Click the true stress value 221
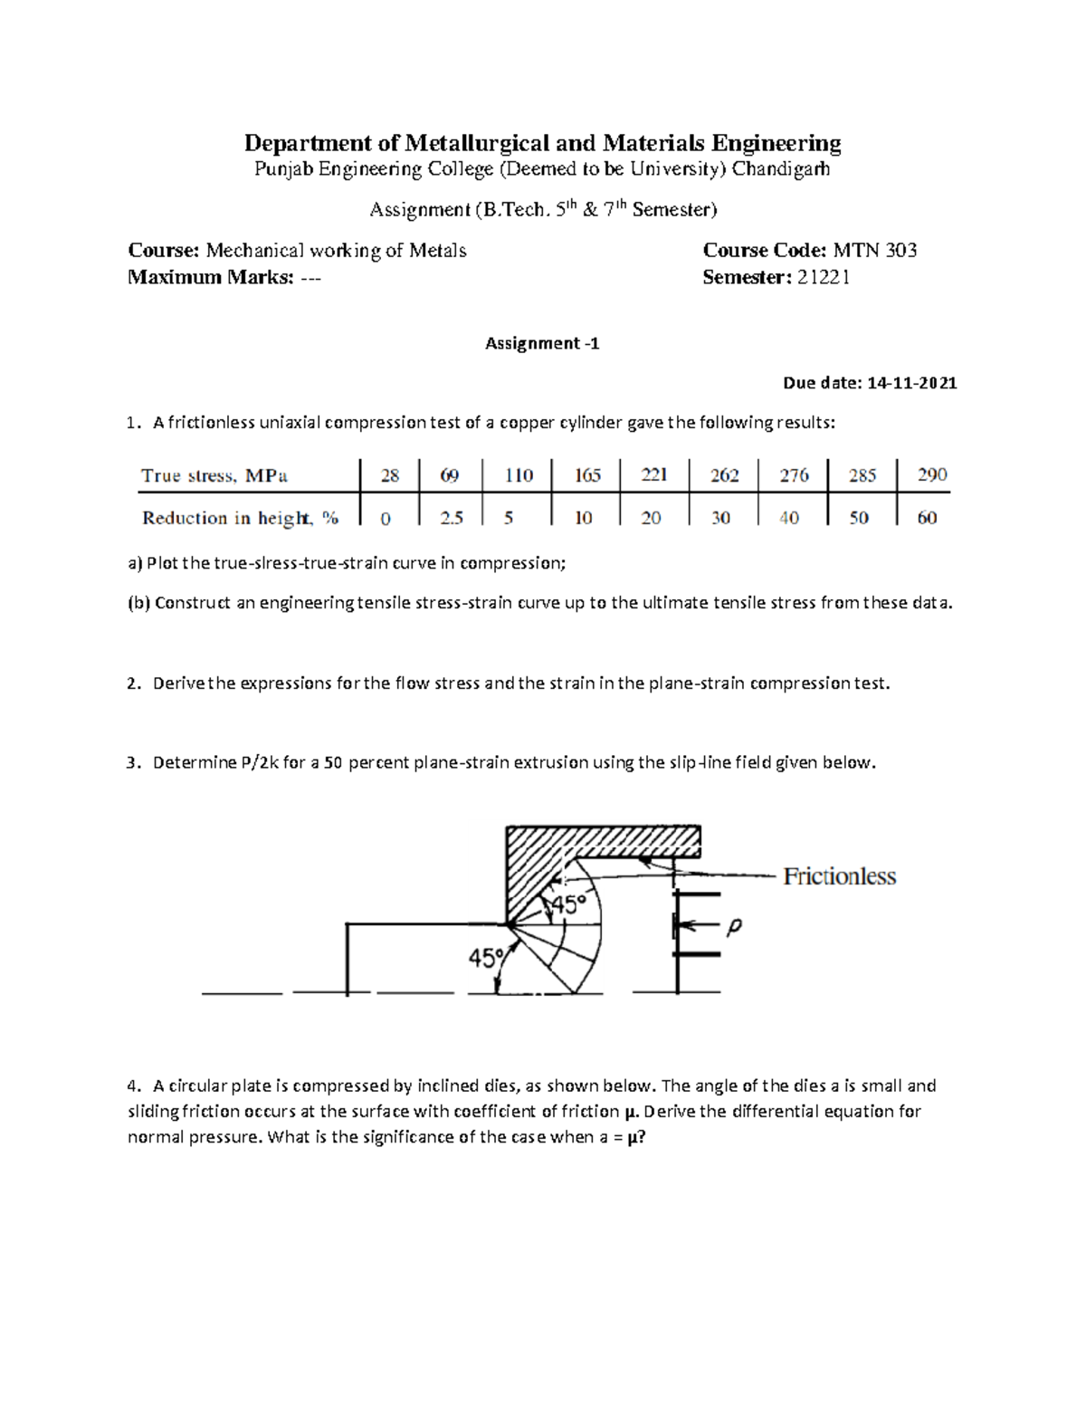653,474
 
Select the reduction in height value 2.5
451,518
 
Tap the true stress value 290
931,474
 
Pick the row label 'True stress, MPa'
214,475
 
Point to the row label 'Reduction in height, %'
240,518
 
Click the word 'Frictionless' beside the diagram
839,876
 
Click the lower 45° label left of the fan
485,958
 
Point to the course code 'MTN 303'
874,251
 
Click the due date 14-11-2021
911,383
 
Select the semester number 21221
823,278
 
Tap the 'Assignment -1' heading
542,343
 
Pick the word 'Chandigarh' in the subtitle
780,169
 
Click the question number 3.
132,763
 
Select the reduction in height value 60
927,518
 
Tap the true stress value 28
390,474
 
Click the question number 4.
132,1086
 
